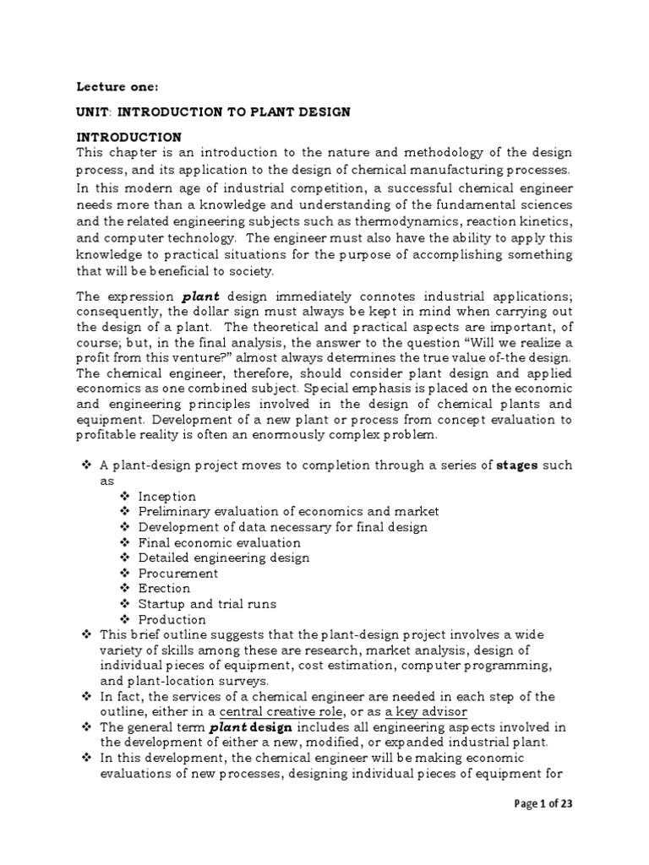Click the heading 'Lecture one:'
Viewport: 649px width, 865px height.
click(x=111, y=86)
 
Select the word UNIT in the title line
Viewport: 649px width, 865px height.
click(x=94, y=112)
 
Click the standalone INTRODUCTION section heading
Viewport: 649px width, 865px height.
click(x=128, y=137)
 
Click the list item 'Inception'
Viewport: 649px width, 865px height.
click(x=167, y=497)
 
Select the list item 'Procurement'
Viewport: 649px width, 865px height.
click(x=177, y=573)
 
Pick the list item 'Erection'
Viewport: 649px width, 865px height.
click(x=165, y=588)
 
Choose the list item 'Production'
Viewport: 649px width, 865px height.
click(x=172, y=619)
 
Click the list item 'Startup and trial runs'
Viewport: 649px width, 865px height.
click(x=207, y=604)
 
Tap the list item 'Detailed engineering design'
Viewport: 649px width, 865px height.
click(x=224, y=558)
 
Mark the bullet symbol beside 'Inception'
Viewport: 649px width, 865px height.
click(x=125, y=497)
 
